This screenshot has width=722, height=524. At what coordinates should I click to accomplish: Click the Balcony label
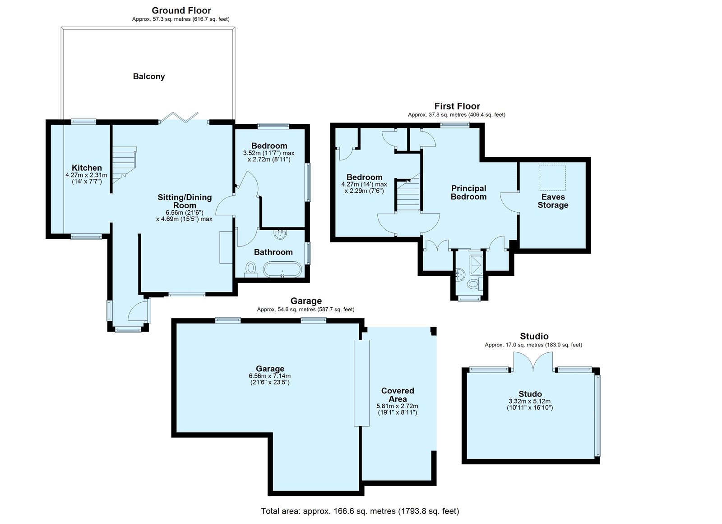click(149, 76)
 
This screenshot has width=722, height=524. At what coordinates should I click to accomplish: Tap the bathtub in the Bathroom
click(282, 270)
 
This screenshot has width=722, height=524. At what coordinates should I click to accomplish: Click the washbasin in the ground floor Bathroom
click(280, 234)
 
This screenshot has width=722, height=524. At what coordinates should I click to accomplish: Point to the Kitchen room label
click(87, 168)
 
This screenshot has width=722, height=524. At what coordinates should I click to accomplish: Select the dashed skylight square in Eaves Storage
click(553, 178)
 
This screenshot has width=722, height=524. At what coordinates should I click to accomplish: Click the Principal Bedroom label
click(469, 192)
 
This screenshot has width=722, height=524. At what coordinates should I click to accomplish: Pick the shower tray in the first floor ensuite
click(477, 265)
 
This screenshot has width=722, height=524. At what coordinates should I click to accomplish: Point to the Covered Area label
click(398, 395)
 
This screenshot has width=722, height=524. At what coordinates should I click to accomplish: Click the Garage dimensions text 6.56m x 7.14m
click(270, 376)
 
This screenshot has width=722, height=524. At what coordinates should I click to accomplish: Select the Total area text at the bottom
click(360, 511)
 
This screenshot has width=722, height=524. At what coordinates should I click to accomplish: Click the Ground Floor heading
click(181, 11)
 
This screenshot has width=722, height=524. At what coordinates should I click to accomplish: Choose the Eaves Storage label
click(553, 201)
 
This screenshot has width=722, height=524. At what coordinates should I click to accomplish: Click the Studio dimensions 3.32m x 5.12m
click(530, 401)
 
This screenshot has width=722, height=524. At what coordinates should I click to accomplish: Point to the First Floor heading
click(457, 106)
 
